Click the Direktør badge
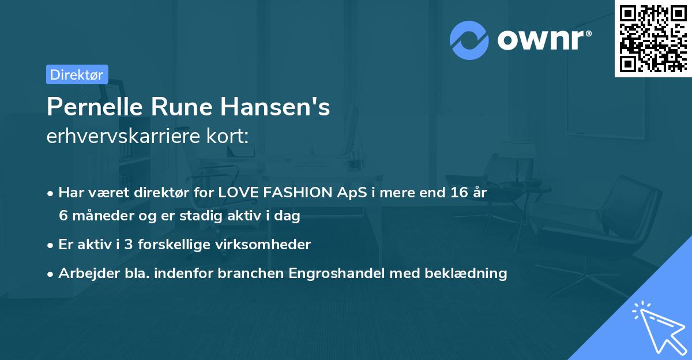point(77,74)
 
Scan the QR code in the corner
point(653,38)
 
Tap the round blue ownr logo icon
point(469,40)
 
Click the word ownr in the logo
point(544,40)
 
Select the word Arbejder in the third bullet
point(85,273)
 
